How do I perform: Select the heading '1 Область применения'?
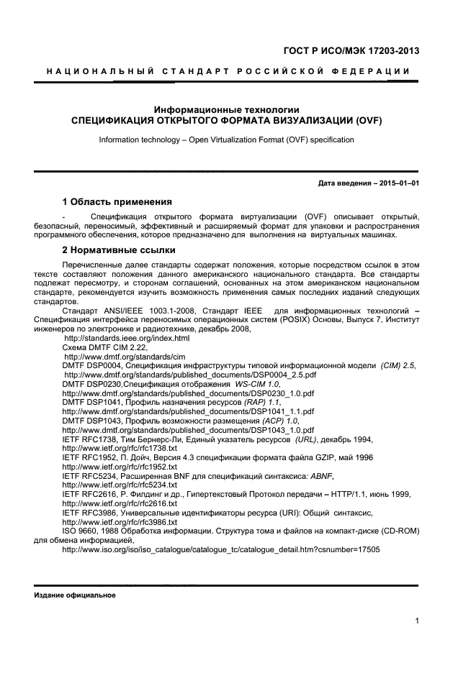click(x=117, y=201)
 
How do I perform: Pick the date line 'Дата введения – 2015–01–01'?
click(x=368, y=183)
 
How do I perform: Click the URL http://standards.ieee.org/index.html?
click(x=117, y=337)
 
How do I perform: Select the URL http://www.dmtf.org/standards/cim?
click(x=115, y=356)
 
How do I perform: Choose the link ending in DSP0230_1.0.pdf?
click(x=178, y=393)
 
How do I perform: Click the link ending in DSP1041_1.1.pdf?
click(x=178, y=411)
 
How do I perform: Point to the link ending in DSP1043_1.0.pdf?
click(x=178, y=430)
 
